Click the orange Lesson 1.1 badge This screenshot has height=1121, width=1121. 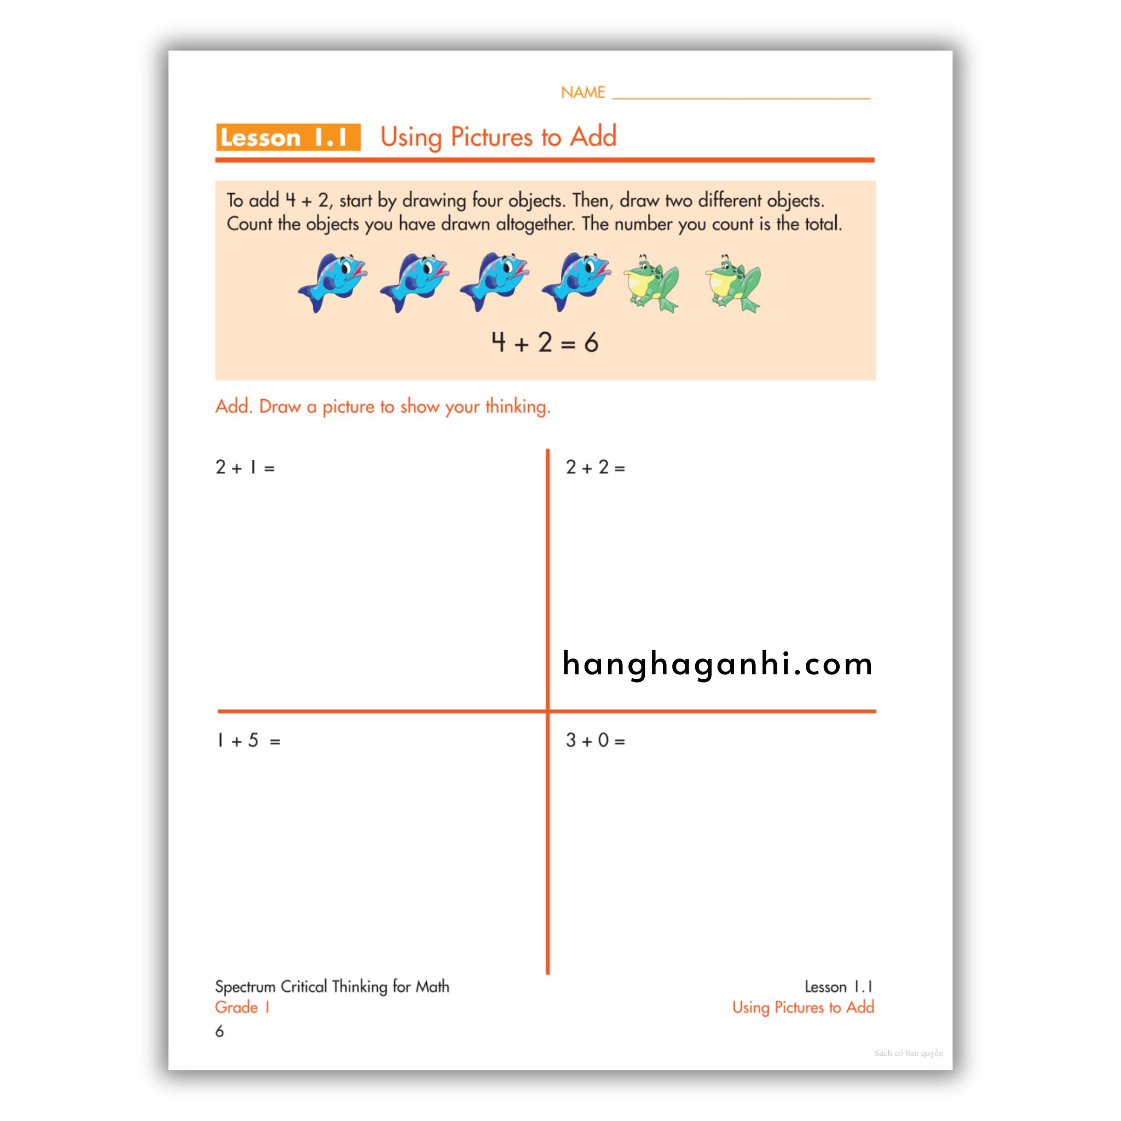(x=288, y=137)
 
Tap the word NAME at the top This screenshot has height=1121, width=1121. (x=582, y=93)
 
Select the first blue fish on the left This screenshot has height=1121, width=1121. (x=333, y=281)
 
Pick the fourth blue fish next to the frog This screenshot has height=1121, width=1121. (x=576, y=281)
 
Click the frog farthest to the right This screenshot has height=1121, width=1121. (x=733, y=283)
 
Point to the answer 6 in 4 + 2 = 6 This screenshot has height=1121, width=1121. (x=591, y=343)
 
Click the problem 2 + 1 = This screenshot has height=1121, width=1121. (x=245, y=467)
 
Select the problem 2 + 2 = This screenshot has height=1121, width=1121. (x=596, y=467)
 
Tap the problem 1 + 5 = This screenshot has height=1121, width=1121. (x=248, y=741)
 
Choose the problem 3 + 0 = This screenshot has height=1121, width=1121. (x=596, y=741)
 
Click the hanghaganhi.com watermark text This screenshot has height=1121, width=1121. (x=717, y=664)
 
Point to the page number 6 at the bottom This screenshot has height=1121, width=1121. (x=219, y=1031)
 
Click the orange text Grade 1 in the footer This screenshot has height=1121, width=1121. (x=242, y=1007)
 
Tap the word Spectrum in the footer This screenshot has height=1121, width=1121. (x=245, y=987)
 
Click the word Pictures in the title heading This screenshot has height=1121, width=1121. (x=491, y=137)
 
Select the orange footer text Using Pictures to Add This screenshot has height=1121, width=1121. (x=802, y=1007)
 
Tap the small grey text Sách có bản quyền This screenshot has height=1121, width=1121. (x=908, y=1053)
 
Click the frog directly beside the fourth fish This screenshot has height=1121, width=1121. (x=651, y=283)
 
